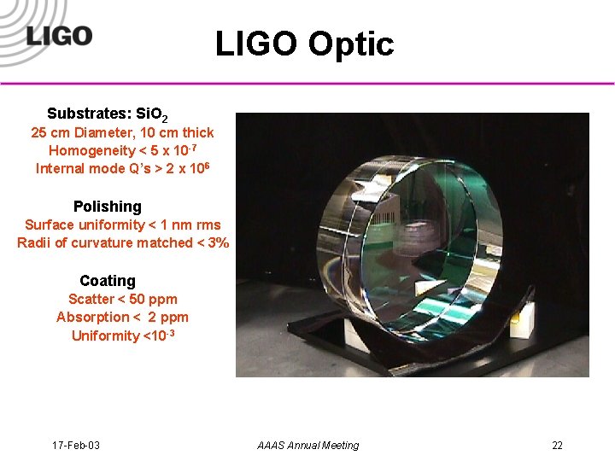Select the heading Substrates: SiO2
point(113,114)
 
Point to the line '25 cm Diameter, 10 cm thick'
point(122,132)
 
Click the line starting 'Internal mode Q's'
point(122,168)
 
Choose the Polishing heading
point(108,207)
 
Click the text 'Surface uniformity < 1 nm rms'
point(122,225)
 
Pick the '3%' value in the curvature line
point(219,242)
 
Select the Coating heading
point(108,281)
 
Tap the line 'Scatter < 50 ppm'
point(122,299)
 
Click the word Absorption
point(90,317)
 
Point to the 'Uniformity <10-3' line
point(123,336)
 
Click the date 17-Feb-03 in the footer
point(76,445)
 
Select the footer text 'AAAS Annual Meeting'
point(307,445)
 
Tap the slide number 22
point(557,445)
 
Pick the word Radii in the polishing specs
point(33,242)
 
